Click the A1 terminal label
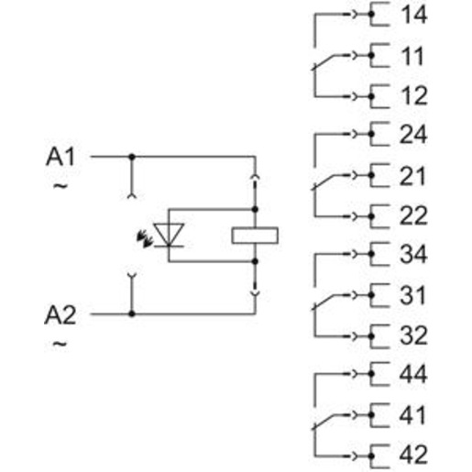[60, 158]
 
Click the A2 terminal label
[60, 315]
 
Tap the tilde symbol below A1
[60, 186]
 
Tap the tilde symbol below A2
[60, 344]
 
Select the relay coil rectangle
[255, 236]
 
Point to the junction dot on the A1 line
[132, 157]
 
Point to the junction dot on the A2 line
[132, 313]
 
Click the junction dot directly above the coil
[255, 209]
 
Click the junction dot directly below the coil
[255, 261]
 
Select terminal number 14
[413, 15]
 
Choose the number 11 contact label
[412, 56]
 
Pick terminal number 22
[413, 216]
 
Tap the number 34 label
[413, 254]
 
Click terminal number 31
[412, 295]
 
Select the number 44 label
[413, 374]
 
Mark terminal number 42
[413, 456]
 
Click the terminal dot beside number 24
[371, 134]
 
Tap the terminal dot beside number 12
[371, 96]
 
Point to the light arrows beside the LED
[144, 238]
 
